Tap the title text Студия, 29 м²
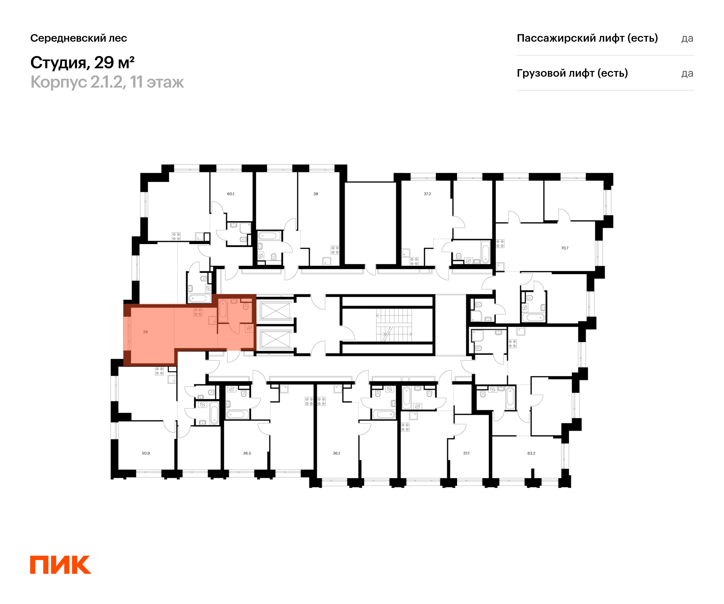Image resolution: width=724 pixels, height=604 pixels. pos(82,63)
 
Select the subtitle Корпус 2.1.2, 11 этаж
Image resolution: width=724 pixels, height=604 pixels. pos(107,82)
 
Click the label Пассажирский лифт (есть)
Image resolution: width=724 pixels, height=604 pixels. pos(587,38)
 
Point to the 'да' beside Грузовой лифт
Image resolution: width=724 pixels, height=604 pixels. pos(687,73)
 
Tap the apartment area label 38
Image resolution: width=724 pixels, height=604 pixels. pos(316,194)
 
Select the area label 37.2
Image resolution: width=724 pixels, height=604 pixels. pos(427,194)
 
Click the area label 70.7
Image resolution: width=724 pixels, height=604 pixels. pos(564,248)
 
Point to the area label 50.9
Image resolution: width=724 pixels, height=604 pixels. pos(145,453)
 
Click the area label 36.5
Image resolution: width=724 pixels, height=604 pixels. pos(247,453)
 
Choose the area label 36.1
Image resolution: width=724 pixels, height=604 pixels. pos(336,453)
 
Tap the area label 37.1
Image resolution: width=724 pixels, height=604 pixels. pos(466,453)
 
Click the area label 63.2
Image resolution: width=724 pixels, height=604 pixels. pos(531,453)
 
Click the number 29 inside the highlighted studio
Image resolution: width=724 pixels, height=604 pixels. pos(145,332)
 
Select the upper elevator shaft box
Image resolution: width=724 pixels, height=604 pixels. pos(275,311)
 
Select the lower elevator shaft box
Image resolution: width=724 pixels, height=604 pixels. pos(275,339)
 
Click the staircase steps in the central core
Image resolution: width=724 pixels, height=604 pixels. pos(394,324)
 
